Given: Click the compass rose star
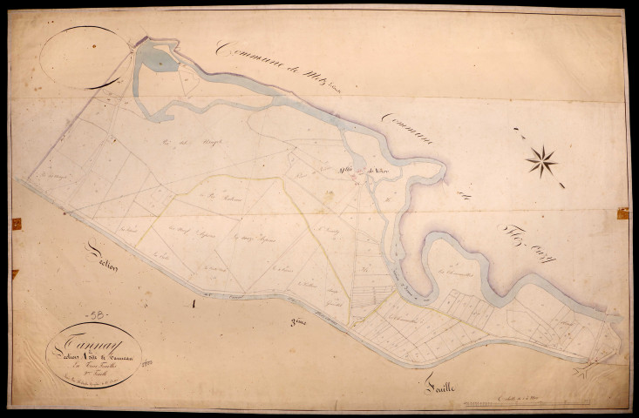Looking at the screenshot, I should pos(541,160).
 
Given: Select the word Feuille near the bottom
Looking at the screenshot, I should pos(433,380).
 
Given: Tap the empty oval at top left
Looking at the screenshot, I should pos(84,56).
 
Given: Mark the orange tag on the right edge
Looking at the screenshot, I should pos(622,212).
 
